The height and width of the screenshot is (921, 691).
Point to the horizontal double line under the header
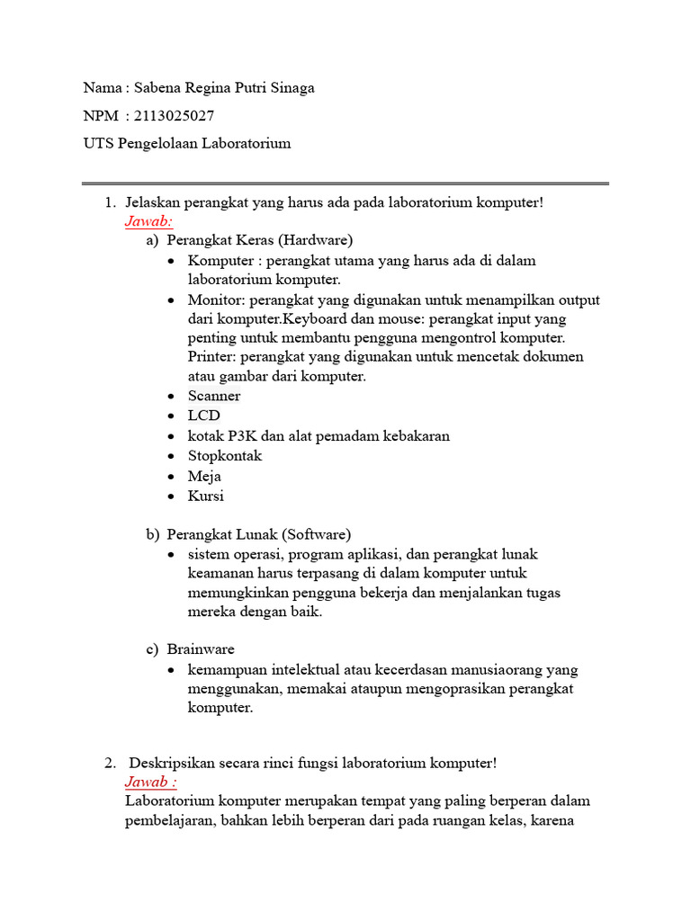pyautogui.click(x=345, y=183)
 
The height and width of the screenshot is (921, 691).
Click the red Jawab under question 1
pyautogui.click(x=149, y=221)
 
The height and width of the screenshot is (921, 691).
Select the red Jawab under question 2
pyautogui.click(x=150, y=782)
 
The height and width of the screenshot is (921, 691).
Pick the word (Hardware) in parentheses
pyautogui.click(x=315, y=240)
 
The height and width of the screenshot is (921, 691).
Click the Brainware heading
pyautogui.click(x=201, y=649)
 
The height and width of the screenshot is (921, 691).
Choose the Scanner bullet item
pyautogui.click(x=214, y=397)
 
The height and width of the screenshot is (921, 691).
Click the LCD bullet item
pyautogui.click(x=203, y=416)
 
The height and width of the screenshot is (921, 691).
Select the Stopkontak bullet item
pyautogui.click(x=225, y=456)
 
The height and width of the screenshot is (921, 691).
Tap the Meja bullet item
pyautogui.click(x=204, y=476)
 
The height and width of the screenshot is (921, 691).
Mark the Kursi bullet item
pyautogui.click(x=206, y=496)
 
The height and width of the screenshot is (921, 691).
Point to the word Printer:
pyautogui.click(x=211, y=357)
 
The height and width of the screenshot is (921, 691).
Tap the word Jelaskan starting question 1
pyautogui.click(x=155, y=202)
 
